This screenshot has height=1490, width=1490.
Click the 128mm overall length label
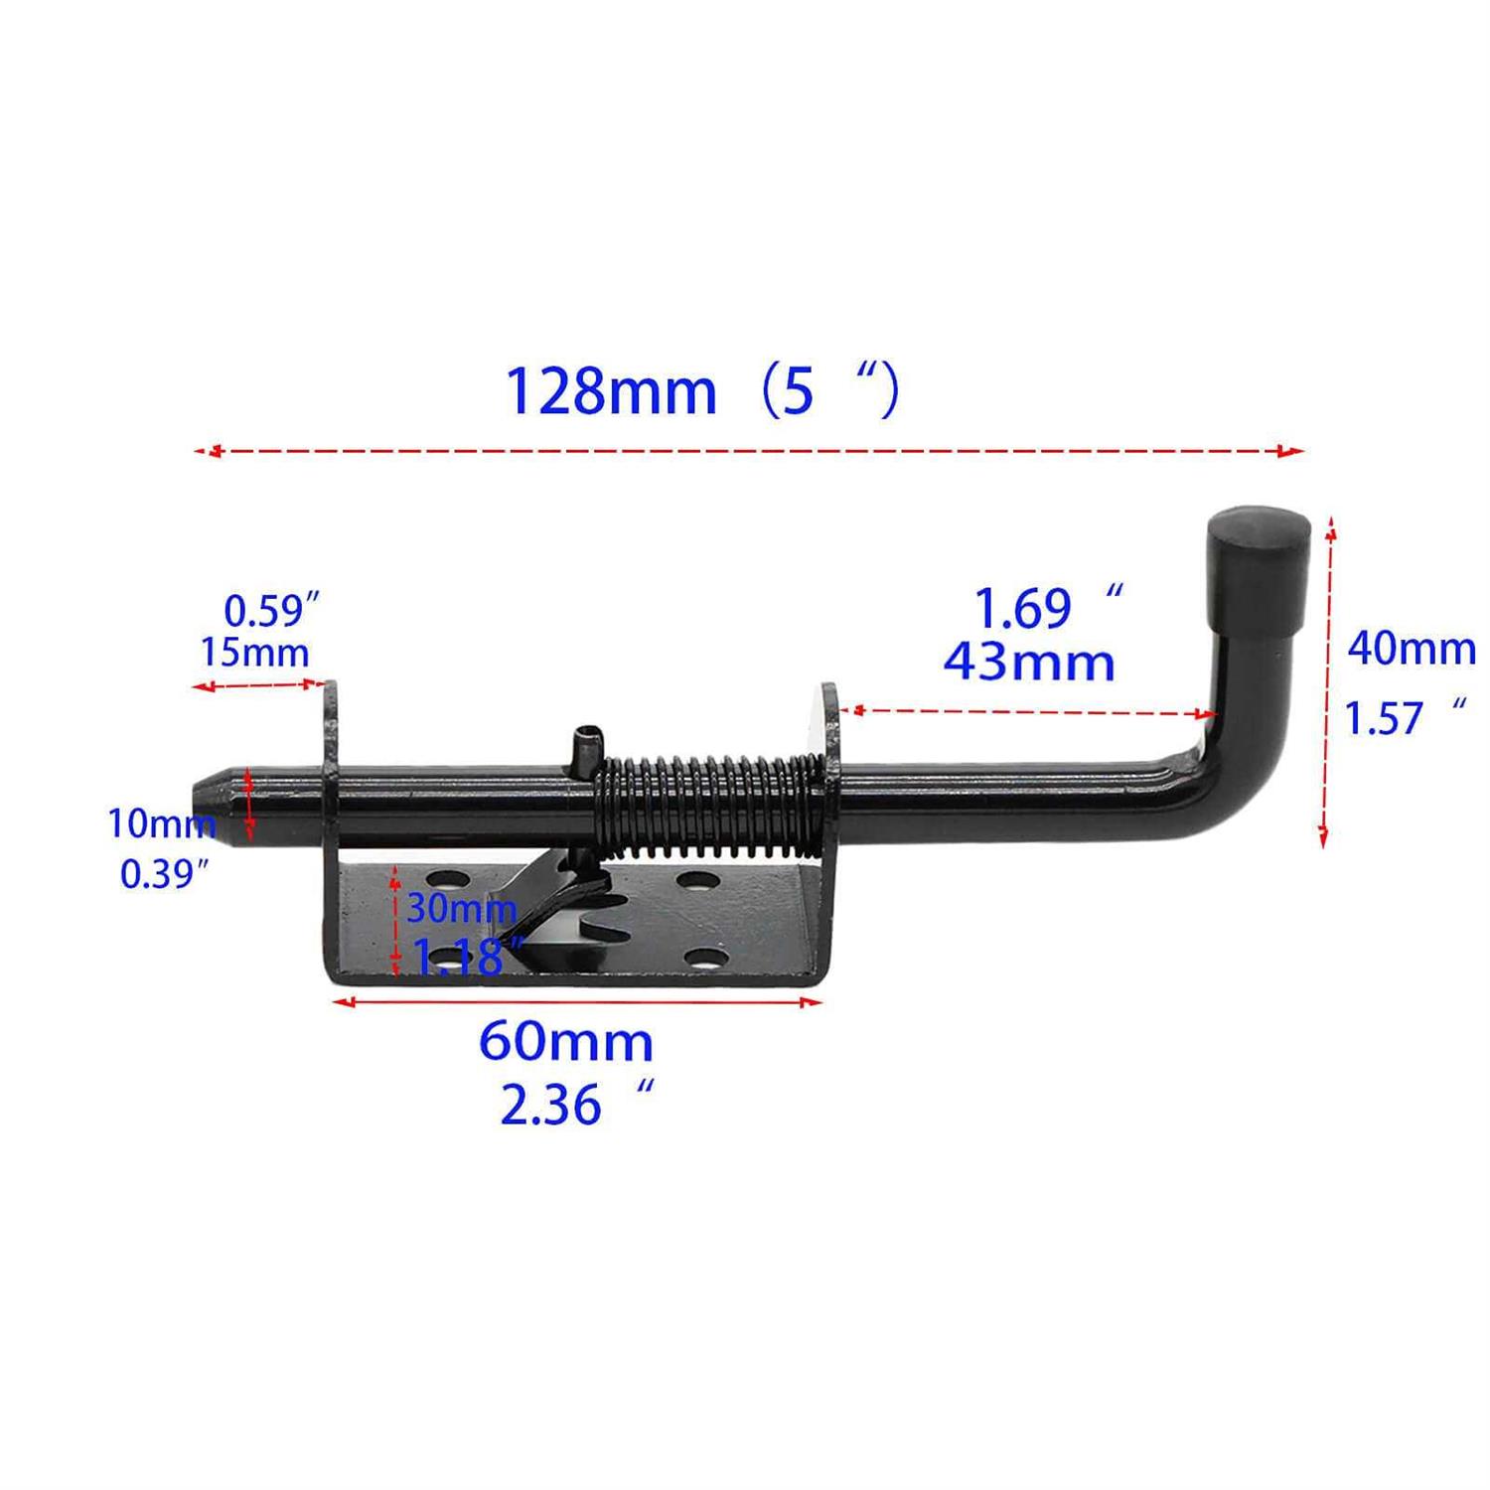(610, 391)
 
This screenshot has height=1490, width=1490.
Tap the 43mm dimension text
(1029, 663)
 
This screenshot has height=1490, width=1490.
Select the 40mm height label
(1411, 650)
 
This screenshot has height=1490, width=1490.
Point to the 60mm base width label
(566, 1042)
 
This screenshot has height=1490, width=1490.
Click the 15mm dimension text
(254, 653)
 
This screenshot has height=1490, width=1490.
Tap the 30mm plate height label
(461, 909)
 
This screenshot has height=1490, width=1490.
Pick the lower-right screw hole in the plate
(703, 960)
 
